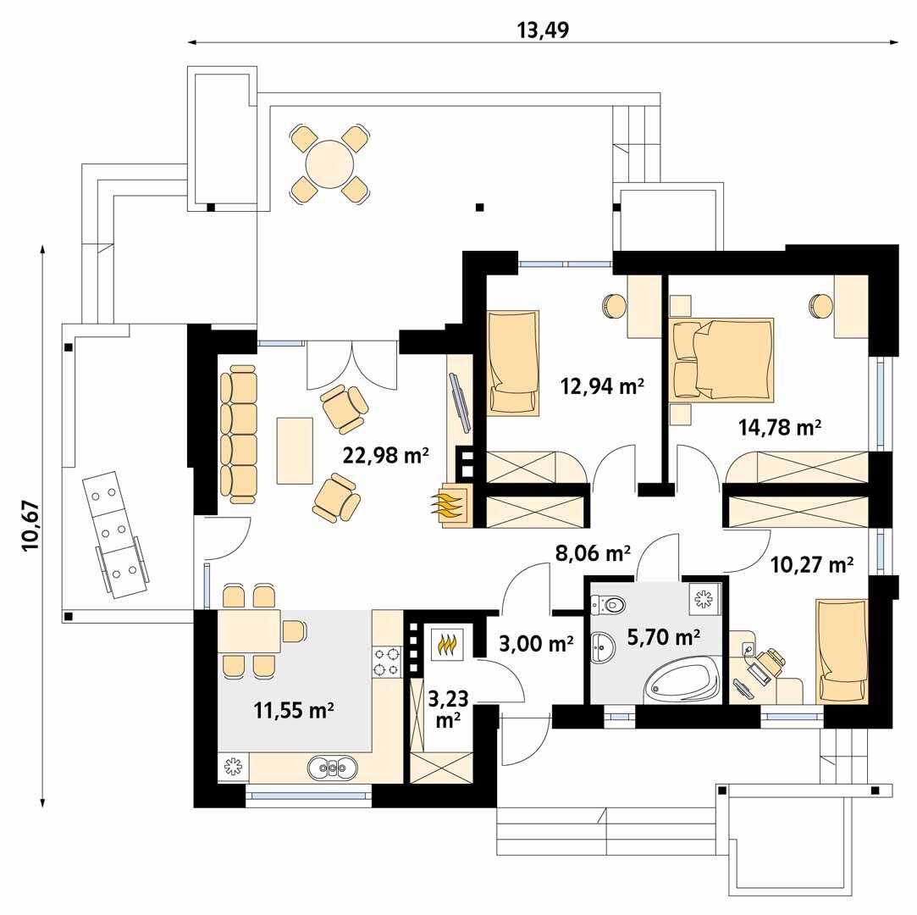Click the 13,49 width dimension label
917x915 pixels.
pos(543,30)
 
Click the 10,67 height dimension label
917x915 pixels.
pos(30,524)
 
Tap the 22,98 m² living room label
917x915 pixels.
pos(386,455)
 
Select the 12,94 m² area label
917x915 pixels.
pos(602,386)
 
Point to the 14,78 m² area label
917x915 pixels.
pos(780,427)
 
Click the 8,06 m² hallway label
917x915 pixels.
pos(593,552)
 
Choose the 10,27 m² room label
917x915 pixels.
pos(811,564)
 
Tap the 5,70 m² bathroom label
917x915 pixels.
pos(664,636)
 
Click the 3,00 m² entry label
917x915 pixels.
pos(536,644)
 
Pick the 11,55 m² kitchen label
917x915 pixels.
pos(294,710)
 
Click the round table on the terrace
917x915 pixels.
pos(330,164)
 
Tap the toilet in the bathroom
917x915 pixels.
pos(607,603)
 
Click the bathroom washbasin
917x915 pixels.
pos(602,648)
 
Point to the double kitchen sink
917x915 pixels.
pos(332,767)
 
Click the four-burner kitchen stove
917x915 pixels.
pos(387,661)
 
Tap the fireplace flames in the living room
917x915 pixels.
pos(449,507)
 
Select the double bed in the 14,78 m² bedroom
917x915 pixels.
pos(723,358)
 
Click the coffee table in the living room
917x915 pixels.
pos(295,451)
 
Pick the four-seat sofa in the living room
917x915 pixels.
pos(239,434)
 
